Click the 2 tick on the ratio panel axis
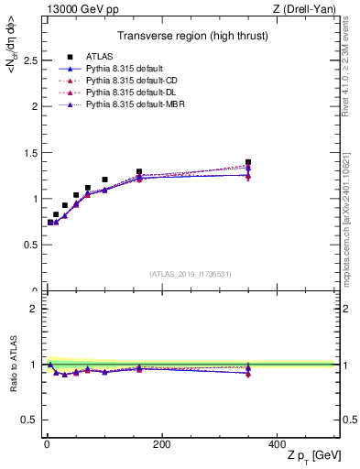37,309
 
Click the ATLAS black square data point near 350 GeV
248,162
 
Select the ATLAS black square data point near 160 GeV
139,171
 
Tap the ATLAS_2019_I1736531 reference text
191,274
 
